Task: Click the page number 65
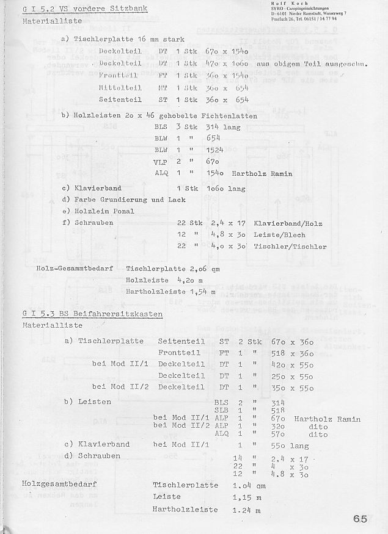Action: click(360, 519)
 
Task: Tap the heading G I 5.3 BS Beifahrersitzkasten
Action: click(92, 314)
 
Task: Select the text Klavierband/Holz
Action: click(288, 224)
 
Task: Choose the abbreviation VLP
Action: click(161, 162)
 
